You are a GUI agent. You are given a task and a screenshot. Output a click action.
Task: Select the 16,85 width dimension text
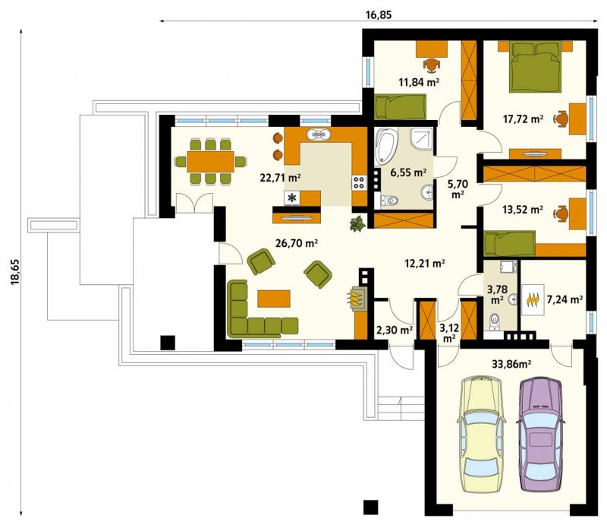(379, 14)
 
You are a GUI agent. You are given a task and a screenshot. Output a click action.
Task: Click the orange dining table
(211, 161)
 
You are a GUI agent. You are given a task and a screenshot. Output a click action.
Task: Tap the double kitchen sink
(319, 134)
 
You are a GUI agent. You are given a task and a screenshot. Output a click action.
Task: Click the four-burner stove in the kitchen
(359, 182)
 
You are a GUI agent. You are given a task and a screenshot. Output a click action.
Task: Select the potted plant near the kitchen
(357, 224)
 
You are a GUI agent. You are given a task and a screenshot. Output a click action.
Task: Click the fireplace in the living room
(356, 298)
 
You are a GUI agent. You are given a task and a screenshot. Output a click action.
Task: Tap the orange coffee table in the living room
(274, 299)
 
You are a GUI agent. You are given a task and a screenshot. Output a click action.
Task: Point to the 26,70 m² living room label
(297, 243)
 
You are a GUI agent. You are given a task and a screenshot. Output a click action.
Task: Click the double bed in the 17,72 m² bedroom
(536, 68)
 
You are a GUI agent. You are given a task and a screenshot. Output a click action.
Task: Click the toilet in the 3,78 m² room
(495, 321)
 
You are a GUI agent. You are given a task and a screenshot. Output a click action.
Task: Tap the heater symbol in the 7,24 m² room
(533, 299)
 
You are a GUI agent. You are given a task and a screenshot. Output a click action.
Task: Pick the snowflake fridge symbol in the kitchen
(292, 198)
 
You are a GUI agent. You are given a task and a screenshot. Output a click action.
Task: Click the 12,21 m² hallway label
(425, 264)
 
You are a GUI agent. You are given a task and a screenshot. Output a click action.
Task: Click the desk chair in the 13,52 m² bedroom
(561, 213)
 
